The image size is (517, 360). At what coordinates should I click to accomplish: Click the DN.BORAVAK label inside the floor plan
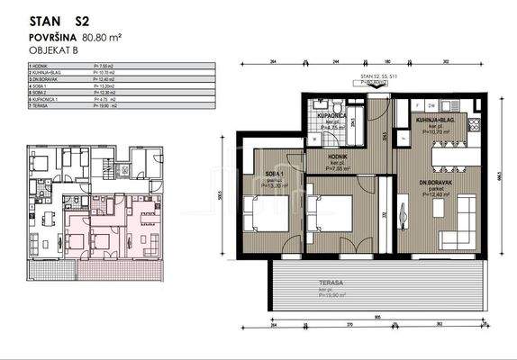(436, 184)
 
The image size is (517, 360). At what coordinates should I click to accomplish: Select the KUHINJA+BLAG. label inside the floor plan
(436, 120)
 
